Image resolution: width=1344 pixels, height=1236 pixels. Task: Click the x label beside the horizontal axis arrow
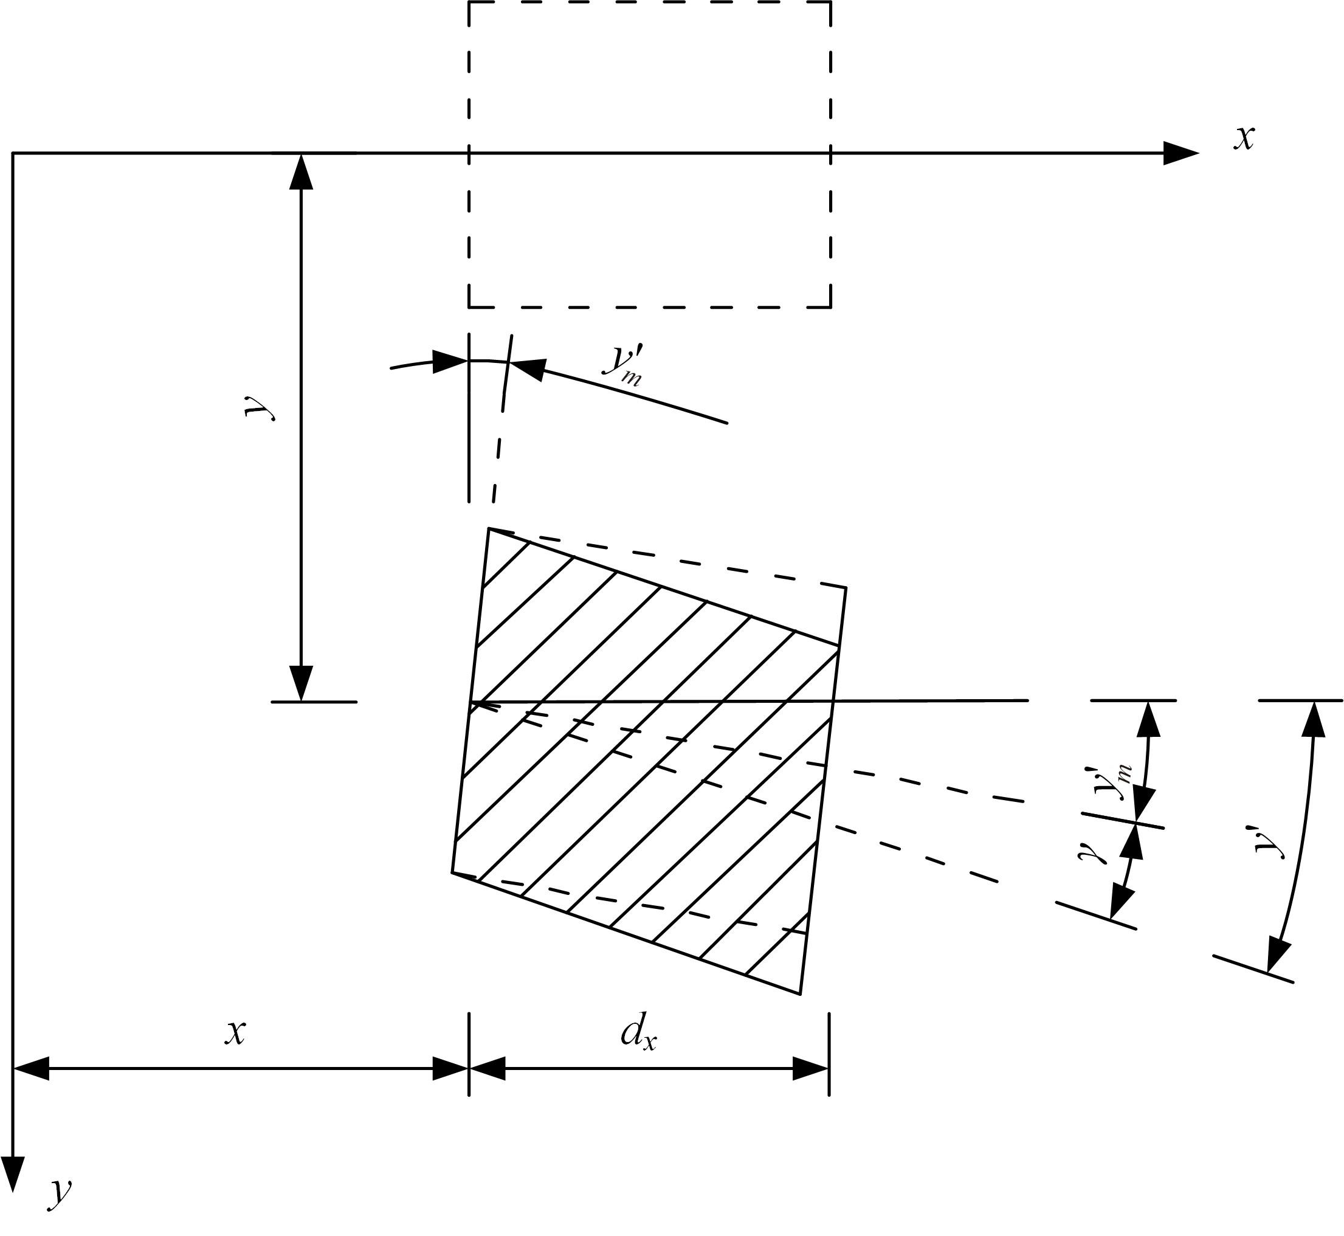[1244, 139]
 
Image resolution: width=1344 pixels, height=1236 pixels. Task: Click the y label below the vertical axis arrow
[60, 1194]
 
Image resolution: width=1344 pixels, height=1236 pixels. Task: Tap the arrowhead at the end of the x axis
[1181, 153]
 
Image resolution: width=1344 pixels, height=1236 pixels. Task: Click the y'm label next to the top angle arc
[623, 366]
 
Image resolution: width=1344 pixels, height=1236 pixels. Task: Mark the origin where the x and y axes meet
[13, 153]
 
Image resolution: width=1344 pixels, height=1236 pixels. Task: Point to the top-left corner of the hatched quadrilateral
[489, 528]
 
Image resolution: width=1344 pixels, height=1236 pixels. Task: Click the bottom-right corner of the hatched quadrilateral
[801, 995]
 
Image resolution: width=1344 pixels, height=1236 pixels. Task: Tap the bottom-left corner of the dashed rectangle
[469, 307]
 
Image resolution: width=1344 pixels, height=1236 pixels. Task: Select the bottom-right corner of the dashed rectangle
[830, 307]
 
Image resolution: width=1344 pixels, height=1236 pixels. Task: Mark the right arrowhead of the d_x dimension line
[811, 1069]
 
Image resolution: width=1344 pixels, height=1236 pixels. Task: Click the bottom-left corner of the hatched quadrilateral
[452, 872]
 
